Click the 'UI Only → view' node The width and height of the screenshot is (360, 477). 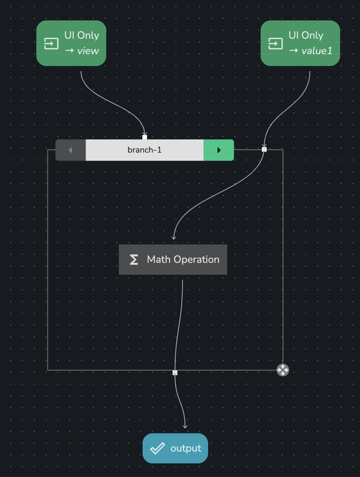(71, 43)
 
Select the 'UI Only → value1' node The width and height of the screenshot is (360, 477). (300, 43)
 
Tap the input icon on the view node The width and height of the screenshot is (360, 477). (51, 43)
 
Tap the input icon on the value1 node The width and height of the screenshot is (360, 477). (276, 43)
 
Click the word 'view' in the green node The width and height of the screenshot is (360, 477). (88, 51)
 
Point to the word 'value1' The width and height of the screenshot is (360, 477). (317, 51)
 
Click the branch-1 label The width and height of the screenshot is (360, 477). (145, 150)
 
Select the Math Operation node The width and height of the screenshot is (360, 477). (173, 260)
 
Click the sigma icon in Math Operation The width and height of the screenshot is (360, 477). (134, 260)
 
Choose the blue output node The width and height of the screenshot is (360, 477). (175, 448)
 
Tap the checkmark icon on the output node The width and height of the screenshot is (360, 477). (157, 448)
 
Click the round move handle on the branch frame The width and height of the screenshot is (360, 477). (283, 370)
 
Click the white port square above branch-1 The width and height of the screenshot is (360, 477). (145, 137)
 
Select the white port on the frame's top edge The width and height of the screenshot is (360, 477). (264, 149)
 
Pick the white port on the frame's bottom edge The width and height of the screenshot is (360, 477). (175, 373)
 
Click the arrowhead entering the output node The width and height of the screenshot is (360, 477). (185, 426)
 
